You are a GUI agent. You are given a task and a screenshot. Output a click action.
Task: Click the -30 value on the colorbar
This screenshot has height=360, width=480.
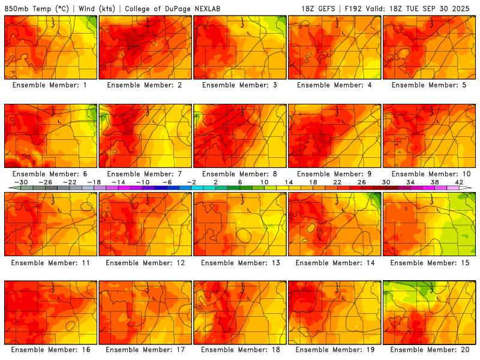pos(21,182)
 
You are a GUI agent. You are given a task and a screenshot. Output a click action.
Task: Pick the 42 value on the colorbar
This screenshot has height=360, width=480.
pos(460,182)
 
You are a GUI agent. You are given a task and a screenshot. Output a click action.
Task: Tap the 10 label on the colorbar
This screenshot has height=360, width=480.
pos(265,182)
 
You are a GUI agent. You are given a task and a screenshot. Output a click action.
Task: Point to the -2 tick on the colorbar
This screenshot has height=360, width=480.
pos(191,182)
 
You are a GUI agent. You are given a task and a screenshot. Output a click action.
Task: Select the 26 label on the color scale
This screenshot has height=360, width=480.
pos(362,182)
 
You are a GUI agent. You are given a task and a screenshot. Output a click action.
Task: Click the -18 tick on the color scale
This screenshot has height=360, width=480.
pos(94,182)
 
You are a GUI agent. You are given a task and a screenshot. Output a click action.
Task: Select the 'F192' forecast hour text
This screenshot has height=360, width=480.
pos(351,9)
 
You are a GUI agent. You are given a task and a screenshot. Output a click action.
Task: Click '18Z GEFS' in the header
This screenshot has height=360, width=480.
pos(319,9)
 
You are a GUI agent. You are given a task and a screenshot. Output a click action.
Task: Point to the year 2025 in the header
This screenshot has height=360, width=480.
pos(463,9)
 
